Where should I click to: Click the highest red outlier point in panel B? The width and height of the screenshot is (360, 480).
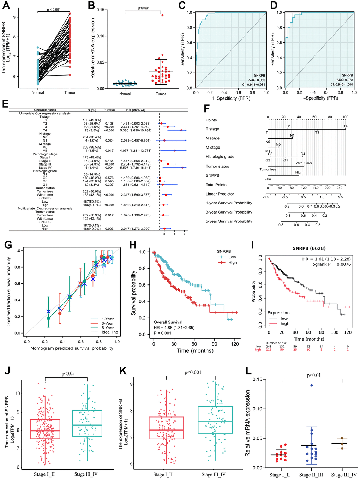[x=162, y=15]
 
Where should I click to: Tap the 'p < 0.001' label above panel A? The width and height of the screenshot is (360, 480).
[x=54, y=10]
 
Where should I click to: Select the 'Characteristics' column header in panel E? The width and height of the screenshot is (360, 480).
[x=45, y=110]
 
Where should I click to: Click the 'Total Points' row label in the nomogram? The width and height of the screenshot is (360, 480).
[x=216, y=185]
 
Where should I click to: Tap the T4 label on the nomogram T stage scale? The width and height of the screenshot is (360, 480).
[x=345, y=126]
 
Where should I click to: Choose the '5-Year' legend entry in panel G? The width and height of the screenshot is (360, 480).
[x=107, y=328]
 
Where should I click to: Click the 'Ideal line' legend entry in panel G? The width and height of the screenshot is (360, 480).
[x=110, y=332]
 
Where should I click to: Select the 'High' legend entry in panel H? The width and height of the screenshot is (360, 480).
[x=233, y=262]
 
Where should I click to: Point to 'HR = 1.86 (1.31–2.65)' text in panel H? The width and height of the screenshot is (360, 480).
[x=174, y=328]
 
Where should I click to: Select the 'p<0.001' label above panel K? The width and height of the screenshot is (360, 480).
[x=193, y=372]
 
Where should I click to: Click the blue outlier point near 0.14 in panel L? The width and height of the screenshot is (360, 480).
[x=312, y=385]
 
